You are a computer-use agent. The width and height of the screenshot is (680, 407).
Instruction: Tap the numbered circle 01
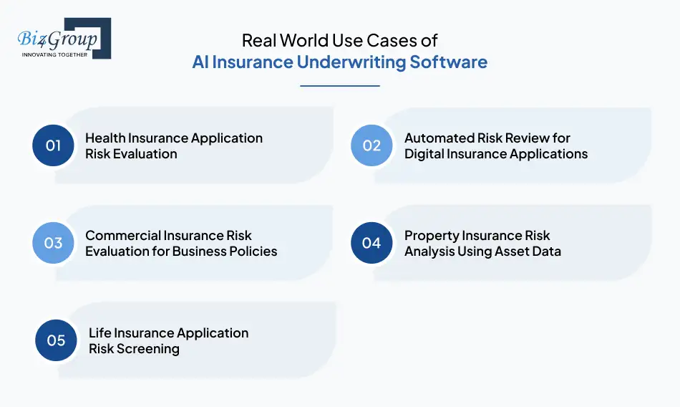click(x=54, y=145)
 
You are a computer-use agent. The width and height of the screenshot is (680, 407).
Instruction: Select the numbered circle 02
click(x=371, y=145)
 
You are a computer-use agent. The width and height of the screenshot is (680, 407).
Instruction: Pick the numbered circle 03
click(x=54, y=243)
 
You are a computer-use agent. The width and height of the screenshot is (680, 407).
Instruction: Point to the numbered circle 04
click(x=371, y=243)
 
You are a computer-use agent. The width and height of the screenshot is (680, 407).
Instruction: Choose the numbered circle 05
click(x=56, y=340)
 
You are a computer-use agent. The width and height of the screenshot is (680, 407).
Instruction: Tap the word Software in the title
click(x=448, y=62)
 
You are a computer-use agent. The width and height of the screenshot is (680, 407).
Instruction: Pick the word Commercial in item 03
click(x=122, y=235)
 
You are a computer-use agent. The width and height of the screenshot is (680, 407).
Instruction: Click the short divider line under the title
click(x=339, y=86)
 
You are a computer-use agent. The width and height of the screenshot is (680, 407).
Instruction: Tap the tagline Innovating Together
click(x=55, y=54)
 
